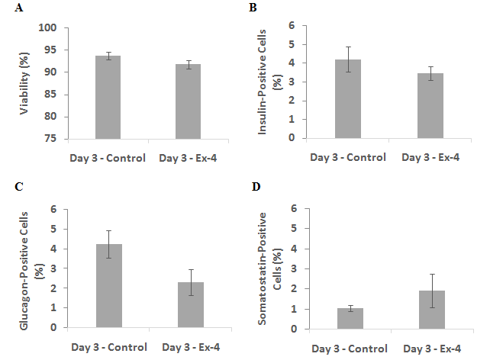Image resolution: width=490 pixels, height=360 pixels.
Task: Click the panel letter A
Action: tap(19, 7)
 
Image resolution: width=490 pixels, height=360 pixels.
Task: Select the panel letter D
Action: tap(256, 187)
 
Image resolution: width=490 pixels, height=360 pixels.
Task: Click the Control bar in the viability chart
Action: tap(108, 97)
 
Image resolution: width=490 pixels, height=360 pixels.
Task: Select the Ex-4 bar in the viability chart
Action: tap(188, 101)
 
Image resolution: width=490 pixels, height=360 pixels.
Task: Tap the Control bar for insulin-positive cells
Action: tap(348, 98)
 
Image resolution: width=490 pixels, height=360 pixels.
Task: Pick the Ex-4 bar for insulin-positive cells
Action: tap(430, 105)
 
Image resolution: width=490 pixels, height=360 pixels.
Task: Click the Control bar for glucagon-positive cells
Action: tap(109, 286)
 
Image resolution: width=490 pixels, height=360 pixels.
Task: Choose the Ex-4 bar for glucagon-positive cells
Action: tap(191, 305)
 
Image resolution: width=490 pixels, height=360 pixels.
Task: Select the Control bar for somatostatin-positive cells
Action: tap(350, 319)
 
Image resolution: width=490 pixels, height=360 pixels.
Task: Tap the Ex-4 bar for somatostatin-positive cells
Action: tap(432, 310)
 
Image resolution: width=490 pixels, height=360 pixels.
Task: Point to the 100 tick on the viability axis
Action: tap(47, 27)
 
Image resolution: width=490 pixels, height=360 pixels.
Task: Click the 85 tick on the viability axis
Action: tap(50, 95)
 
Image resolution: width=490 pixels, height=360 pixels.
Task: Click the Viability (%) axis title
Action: tap(24, 83)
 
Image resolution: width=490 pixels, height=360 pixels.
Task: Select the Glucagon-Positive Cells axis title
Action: tap(24, 271)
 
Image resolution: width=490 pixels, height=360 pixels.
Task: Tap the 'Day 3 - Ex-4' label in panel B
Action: tap(430, 157)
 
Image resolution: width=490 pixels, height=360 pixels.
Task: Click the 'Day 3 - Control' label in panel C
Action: tap(109, 347)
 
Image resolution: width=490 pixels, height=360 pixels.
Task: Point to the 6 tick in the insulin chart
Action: tap(292, 26)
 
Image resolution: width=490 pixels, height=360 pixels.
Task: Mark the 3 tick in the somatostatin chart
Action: tap(293, 268)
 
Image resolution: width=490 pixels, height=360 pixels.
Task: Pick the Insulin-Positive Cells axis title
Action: tap(262, 82)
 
